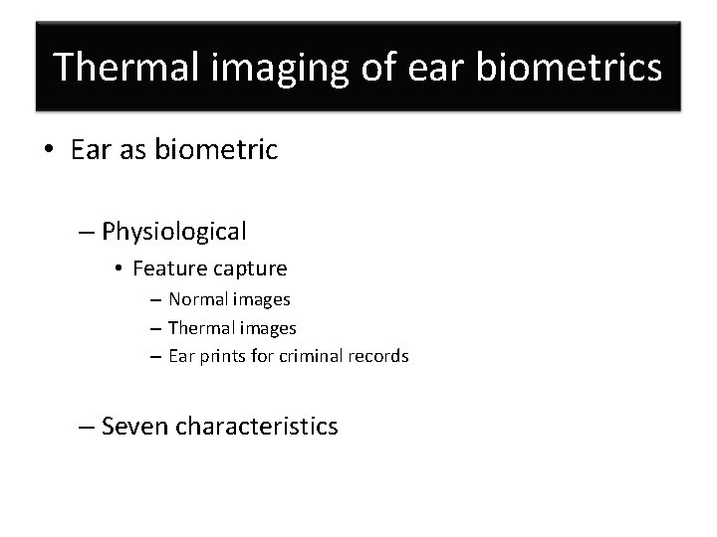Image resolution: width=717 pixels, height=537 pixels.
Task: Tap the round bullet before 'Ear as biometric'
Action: (x=49, y=152)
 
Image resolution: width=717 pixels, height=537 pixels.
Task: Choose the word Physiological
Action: (x=173, y=232)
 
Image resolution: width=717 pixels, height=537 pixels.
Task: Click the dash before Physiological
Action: (x=87, y=232)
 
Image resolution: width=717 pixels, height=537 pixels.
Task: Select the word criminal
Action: (x=313, y=356)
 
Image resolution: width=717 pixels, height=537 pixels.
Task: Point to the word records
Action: (x=379, y=356)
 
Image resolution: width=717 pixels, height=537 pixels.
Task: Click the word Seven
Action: (x=135, y=427)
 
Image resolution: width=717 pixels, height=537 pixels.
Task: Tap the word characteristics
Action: (x=257, y=427)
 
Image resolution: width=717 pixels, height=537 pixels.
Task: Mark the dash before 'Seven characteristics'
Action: (x=87, y=428)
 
